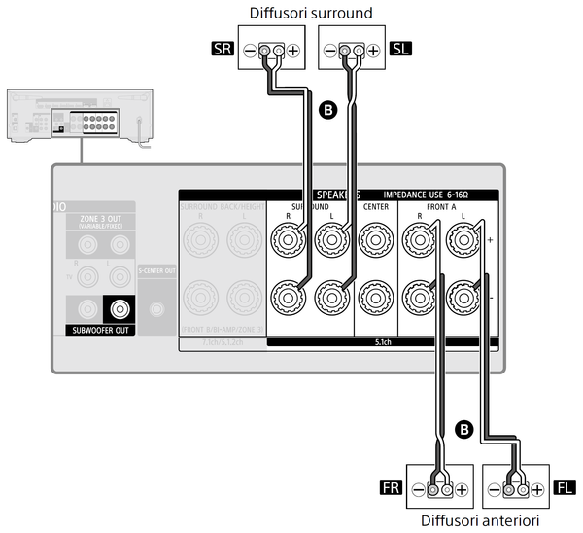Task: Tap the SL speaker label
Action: (x=399, y=48)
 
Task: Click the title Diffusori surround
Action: (x=311, y=14)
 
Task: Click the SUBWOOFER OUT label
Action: (x=100, y=331)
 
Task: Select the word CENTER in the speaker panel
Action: (x=375, y=207)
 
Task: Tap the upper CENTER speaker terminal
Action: (x=375, y=236)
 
